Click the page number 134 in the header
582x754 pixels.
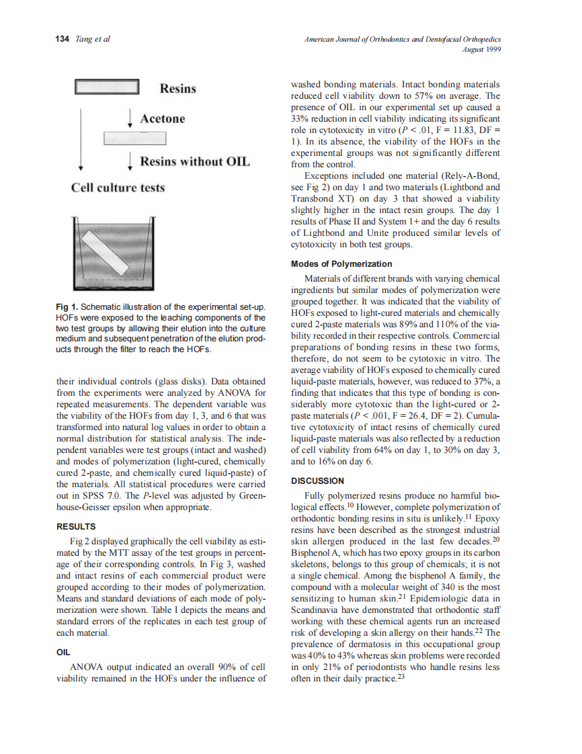[62, 39]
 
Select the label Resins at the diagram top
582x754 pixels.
[177, 89]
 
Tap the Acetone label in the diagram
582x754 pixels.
[162, 119]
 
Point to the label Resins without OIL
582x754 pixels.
[194, 161]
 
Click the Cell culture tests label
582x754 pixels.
[118, 187]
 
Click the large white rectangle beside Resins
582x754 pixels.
[106, 87]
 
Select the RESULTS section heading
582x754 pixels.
[76, 526]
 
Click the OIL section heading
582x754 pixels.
[62, 651]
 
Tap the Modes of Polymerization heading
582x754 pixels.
[341, 263]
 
